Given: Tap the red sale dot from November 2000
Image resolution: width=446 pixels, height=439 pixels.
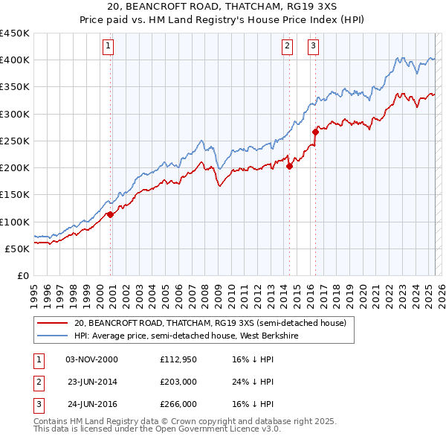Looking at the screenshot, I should click(x=110, y=214).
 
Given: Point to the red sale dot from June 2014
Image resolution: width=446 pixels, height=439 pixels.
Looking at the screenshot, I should click(x=289, y=166).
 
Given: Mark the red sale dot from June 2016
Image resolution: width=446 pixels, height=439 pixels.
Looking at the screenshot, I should click(x=315, y=132).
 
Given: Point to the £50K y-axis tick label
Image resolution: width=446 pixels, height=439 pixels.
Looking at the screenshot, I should click(x=18, y=249).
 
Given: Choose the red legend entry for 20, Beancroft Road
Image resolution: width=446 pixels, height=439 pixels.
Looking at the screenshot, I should click(x=210, y=323).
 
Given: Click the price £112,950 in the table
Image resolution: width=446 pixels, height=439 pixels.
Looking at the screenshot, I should click(x=178, y=359).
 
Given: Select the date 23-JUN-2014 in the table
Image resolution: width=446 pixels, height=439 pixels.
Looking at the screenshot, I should click(x=92, y=382).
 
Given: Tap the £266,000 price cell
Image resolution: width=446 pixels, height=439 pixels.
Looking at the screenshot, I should click(x=178, y=404).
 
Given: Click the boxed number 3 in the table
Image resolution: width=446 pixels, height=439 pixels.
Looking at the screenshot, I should click(x=38, y=404).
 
